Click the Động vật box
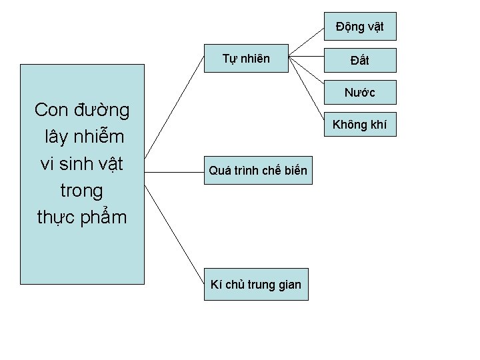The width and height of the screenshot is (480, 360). (360, 27)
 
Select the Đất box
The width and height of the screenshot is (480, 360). (360, 61)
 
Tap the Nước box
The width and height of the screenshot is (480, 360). (360, 93)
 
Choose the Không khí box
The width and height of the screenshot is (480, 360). (360, 124)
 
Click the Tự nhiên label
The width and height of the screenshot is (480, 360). (246, 59)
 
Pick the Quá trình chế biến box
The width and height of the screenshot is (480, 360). (258, 171)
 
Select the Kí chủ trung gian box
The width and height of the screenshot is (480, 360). (256, 285)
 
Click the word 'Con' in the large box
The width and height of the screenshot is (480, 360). (51, 109)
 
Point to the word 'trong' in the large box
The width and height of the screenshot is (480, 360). (82, 191)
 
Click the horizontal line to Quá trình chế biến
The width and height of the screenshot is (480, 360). (173, 171)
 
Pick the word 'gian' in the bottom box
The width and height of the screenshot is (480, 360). (287, 285)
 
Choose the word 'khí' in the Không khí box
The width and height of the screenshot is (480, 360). (377, 124)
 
